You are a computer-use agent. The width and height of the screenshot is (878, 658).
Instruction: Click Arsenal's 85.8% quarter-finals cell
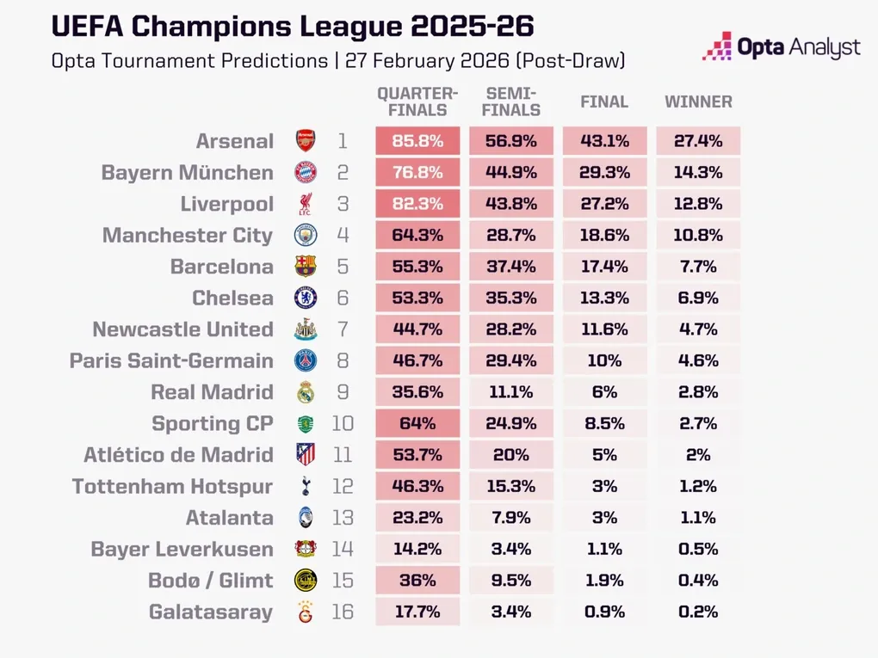pos(417,141)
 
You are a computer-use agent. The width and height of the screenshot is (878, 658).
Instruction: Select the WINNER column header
pos(698,102)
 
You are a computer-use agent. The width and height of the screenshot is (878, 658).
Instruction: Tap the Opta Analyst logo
pos(781,48)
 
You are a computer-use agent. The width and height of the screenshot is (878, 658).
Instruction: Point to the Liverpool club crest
pos(306,205)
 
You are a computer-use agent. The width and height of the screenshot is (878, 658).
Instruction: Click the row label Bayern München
pos(187,173)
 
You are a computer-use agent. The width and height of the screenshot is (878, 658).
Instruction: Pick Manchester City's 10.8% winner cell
pos(698,236)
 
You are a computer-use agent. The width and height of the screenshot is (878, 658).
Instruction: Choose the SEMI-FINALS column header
pos(511,101)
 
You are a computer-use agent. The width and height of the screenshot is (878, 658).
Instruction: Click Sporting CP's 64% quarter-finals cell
pos(417,424)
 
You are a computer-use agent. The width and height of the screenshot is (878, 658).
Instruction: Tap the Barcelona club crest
pos(306,267)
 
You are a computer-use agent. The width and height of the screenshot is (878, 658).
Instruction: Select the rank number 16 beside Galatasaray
pos(343,612)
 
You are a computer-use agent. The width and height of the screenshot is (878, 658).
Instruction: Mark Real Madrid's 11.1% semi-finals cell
pos(511,392)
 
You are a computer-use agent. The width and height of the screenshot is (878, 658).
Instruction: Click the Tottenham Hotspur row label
pos(172,487)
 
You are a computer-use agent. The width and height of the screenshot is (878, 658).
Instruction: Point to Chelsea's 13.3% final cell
pos(604,298)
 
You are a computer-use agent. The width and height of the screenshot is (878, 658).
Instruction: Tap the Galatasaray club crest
pos(306,612)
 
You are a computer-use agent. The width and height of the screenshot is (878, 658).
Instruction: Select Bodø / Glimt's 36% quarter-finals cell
pos(417,581)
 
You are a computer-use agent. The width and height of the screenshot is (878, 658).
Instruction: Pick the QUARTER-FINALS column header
pos(417,101)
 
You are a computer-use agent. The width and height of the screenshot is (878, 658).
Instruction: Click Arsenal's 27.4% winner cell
pos(698,141)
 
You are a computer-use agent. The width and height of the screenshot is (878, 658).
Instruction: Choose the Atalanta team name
pos(230,518)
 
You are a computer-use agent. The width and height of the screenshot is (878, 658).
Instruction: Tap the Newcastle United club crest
pos(306,329)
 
